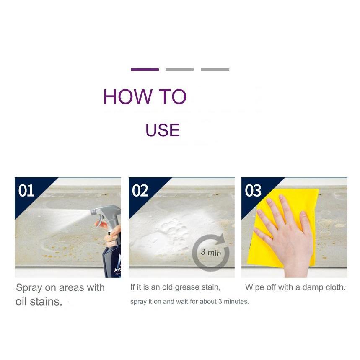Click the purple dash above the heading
(145, 70)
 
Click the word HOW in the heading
(128, 97)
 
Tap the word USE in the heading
(163, 130)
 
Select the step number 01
(26, 191)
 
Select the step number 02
(140, 191)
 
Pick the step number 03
(253, 191)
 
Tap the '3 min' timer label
(211, 252)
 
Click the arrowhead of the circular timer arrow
(221, 239)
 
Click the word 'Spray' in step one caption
(29, 288)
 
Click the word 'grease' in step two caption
(186, 287)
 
